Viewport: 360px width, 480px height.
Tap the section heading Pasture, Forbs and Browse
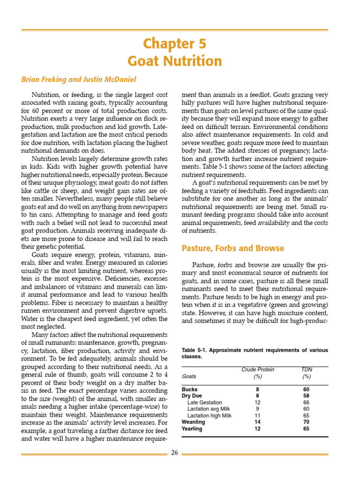pos(232,248)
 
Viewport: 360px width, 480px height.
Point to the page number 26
pos(174,452)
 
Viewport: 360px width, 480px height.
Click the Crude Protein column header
pos(257,369)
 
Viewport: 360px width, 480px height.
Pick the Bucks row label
pos(189,390)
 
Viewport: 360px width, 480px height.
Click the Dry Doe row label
pos(192,396)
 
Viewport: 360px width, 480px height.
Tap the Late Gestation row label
pos(204,403)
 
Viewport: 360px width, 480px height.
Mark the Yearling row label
pos(192,429)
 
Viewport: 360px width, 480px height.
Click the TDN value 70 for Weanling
pos(307,422)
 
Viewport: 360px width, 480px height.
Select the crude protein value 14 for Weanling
pos(257,422)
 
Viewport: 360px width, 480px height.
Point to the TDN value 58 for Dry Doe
pos(307,396)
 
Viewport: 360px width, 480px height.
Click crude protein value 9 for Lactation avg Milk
pos(257,409)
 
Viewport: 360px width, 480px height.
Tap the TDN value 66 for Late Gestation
pos(307,403)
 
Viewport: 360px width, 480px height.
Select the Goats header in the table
pos(189,376)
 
